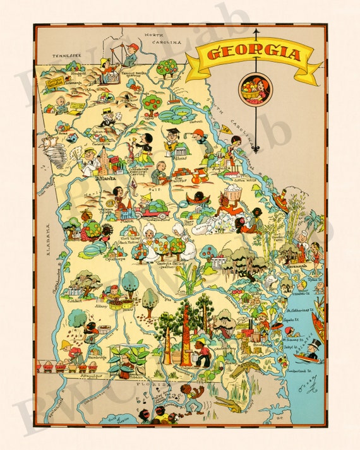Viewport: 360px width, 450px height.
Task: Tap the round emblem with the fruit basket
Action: (x=255, y=88)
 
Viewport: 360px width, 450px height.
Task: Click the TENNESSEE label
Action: (x=68, y=55)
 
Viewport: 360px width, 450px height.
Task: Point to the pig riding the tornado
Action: (x=44, y=145)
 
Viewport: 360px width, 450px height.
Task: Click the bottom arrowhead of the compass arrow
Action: (x=256, y=149)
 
